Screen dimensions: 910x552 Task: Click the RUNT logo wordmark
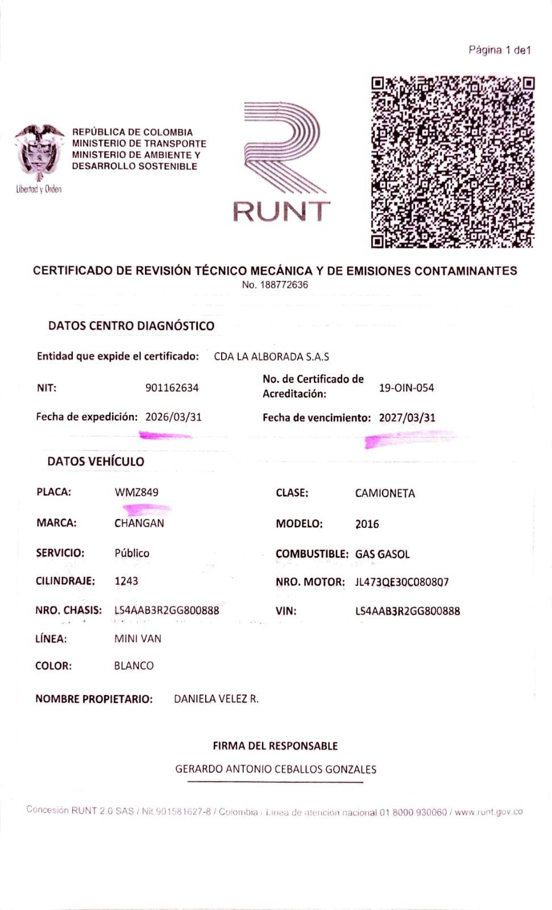tap(281, 211)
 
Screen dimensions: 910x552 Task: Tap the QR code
tap(453, 162)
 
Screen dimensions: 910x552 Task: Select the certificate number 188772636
tap(284, 285)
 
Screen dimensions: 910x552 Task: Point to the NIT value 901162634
tap(172, 388)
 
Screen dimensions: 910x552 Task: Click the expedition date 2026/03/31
tap(173, 417)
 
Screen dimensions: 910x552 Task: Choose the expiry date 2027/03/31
tap(407, 417)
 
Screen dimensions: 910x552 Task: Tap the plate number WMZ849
tap(136, 493)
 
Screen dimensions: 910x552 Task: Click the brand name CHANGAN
tap(139, 523)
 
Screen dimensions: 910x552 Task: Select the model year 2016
tap(367, 524)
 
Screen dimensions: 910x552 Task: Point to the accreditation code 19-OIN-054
tap(406, 388)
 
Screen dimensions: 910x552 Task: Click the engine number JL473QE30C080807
tap(402, 582)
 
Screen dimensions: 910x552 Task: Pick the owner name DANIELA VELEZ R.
tap(216, 699)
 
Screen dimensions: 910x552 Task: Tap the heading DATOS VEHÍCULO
tap(96, 461)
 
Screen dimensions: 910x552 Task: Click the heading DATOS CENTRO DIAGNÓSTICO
tap(131, 326)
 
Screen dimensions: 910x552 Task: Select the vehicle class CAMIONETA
tap(385, 493)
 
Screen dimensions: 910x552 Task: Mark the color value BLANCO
tap(134, 665)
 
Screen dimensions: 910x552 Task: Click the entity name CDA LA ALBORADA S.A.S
tap(271, 357)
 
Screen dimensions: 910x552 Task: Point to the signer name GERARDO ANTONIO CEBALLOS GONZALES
tap(276, 769)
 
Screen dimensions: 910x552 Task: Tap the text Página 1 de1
tap(500, 50)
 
